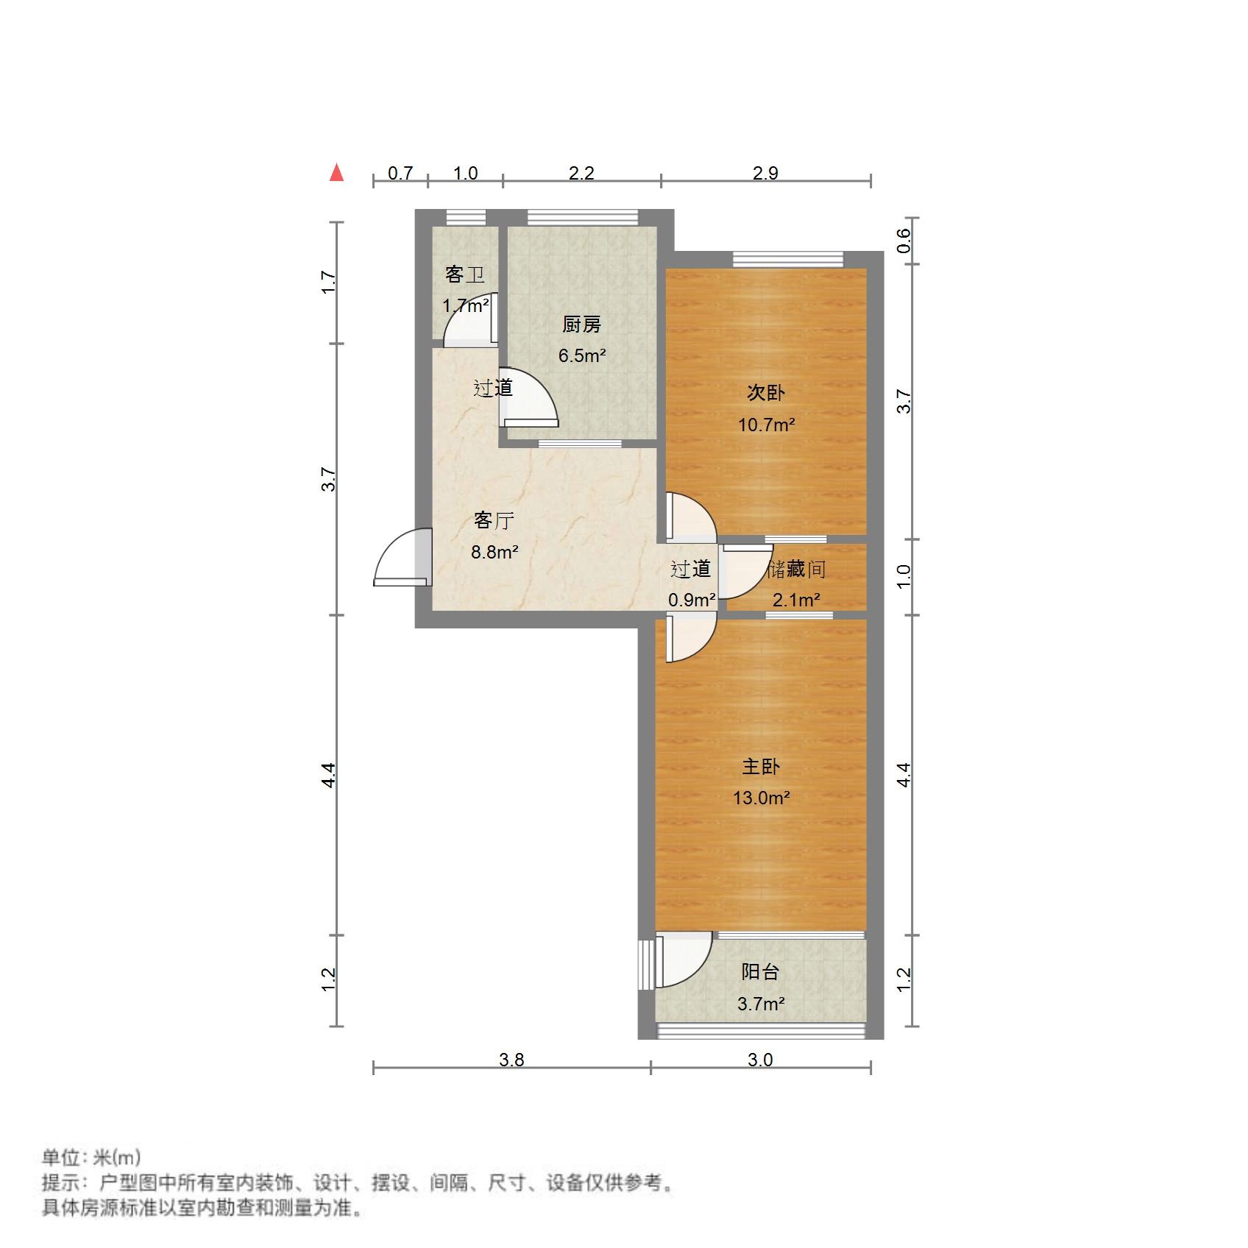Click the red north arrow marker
[336, 173]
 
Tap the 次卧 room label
[766, 393]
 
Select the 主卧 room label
[761, 767]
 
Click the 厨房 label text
[581, 325]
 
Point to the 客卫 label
[465, 274]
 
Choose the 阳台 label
[760, 972]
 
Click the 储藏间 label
[796, 569]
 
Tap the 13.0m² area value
[761, 798]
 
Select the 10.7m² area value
[766, 425]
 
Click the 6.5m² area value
[581, 356]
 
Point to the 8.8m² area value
[494, 552]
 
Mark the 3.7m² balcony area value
[760, 1004]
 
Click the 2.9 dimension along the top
[765, 173]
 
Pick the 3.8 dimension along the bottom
[511, 1060]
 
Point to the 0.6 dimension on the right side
[904, 241]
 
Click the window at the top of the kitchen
[582, 217]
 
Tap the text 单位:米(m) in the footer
[91, 1157]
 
